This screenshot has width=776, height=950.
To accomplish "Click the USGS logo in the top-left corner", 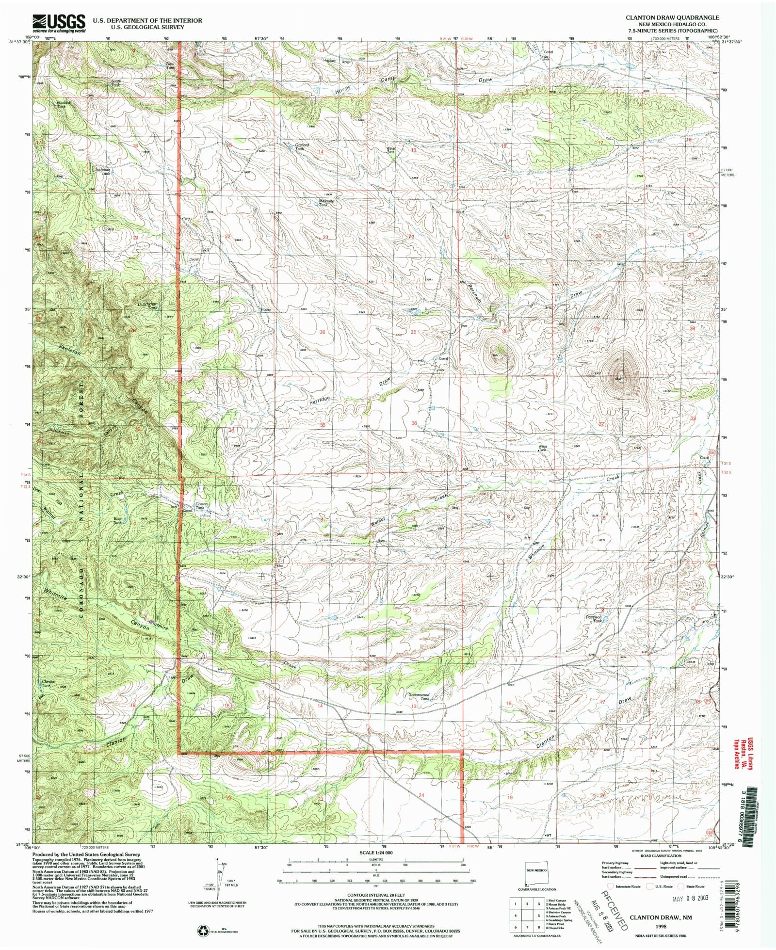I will click(58, 23).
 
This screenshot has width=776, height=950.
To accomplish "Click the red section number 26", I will click(323, 332).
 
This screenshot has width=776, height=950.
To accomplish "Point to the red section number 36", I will click(414, 423).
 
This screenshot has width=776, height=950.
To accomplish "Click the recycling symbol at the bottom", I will click(203, 930).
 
